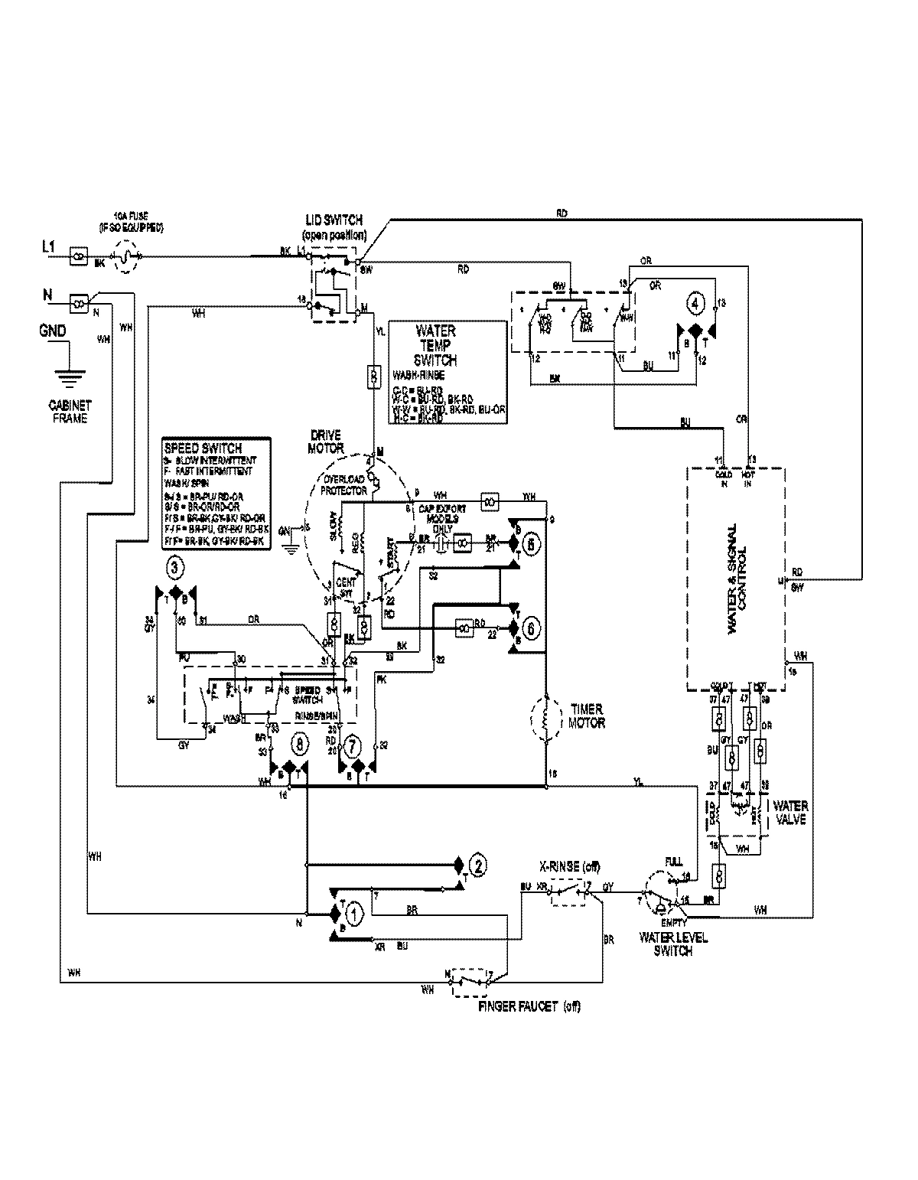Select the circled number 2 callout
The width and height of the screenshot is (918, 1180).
pyautogui.click(x=477, y=866)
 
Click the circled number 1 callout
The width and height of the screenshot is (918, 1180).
pyautogui.click(x=353, y=912)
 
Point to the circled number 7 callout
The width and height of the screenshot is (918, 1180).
pyautogui.click(x=352, y=744)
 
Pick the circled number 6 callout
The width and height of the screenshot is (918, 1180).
pyautogui.click(x=532, y=627)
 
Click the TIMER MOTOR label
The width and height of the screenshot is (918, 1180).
pyautogui.click(x=586, y=716)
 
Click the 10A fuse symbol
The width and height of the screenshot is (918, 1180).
pyautogui.click(x=127, y=257)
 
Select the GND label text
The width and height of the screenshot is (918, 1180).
pyautogui.click(x=52, y=331)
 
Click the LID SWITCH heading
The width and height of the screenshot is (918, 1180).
pyautogui.click(x=334, y=222)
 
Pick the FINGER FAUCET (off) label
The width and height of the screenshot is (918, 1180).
pyautogui.click(x=529, y=1006)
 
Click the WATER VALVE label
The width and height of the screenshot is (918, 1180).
pyautogui.click(x=789, y=812)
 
